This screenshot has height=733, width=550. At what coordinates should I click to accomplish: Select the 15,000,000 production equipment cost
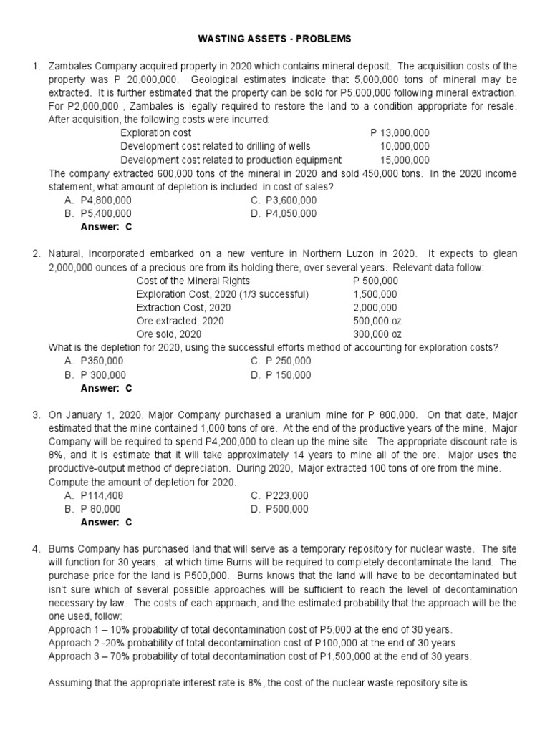pyautogui.click(x=405, y=160)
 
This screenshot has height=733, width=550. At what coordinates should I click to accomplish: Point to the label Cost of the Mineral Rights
pyautogui.click(x=191, y=281)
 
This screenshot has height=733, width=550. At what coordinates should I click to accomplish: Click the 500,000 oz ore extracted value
pyautogui.click(x=377, y=321)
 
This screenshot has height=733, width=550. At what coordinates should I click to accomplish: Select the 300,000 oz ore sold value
pyautogui.click(x=377, y=334)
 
